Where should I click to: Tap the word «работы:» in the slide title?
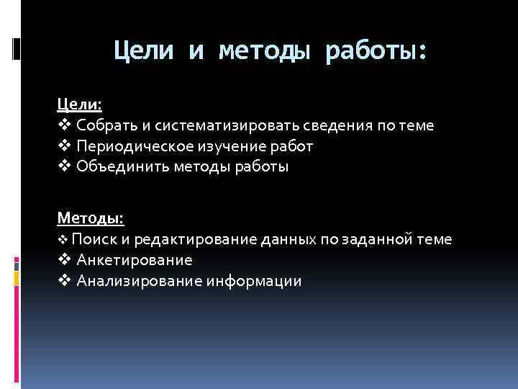click(376, 51)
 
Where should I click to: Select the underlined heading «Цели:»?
click(80, 104)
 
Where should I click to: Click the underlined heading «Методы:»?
click(91, 218)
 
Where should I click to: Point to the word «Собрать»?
click(105, 125)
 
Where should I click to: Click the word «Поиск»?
click(89, 239)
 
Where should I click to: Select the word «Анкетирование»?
click(135, 260)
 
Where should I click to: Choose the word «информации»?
click(255, 281)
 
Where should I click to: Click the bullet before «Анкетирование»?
click(64, 260)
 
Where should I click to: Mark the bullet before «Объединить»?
click(64, 167)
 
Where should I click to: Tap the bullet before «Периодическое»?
click(64, 146)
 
